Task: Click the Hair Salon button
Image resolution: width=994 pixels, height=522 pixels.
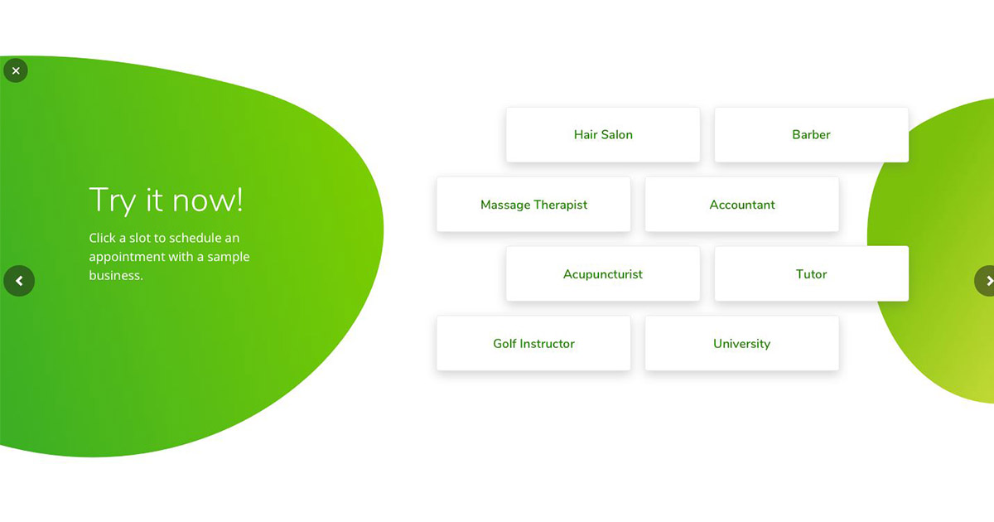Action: pyautogui.click(x=603, y=134)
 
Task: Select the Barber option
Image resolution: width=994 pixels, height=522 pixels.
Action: pyautogui.click(x=811, y=134)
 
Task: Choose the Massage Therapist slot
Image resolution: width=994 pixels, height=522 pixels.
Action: pyautogui.click(x=533, y=204)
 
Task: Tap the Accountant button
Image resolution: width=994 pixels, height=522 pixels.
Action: pyautogui.click(x=742, y=204)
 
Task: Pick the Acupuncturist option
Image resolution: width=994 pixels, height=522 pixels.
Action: pyautogui.click(x=603, y=274)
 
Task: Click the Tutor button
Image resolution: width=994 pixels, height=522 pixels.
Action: pyautogui.click(x=811, y=274)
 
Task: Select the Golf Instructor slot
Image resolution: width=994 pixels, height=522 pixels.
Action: pyautogui.click(x=533, y=343)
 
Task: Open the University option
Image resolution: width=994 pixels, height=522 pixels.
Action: pyautogui.click(x=742, y=343)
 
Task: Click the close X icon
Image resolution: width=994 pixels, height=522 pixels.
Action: pyautogui.click(x=16, y=70)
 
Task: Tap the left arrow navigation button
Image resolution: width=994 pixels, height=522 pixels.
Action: pyautogui.click(x=19, y=281)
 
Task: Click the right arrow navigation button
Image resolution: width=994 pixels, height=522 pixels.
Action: pyautogui.click(x=985, y=281)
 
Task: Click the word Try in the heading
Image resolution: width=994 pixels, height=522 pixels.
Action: pyautogui.click(x=113, y=201)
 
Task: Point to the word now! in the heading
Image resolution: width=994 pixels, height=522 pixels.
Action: pyautogui.click(x=208, y=201)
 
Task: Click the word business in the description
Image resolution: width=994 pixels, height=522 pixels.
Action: pyautogui.click(x=116, y=275)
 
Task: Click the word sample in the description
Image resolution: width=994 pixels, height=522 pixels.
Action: pyautogui.click(x=228, y=257)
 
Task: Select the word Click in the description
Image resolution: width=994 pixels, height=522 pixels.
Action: pyautogui.click(x=102, y=238)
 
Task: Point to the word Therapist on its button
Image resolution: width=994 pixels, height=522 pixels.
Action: pyautogui.click(x=561, y=205)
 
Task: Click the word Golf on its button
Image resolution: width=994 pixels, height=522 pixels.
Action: pyautogui.click(x=504, y=344)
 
